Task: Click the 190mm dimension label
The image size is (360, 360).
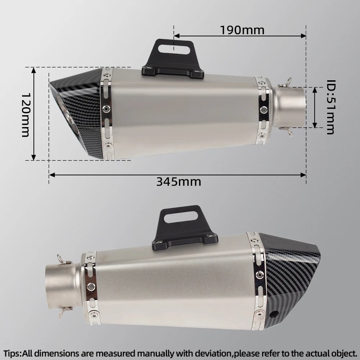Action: coord(242,30)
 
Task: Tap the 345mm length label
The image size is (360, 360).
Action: coord(179,182)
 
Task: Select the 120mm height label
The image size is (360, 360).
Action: coord(26,115)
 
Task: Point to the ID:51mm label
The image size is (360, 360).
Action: coord(331,107)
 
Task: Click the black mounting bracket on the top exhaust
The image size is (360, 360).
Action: coord(173,60)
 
